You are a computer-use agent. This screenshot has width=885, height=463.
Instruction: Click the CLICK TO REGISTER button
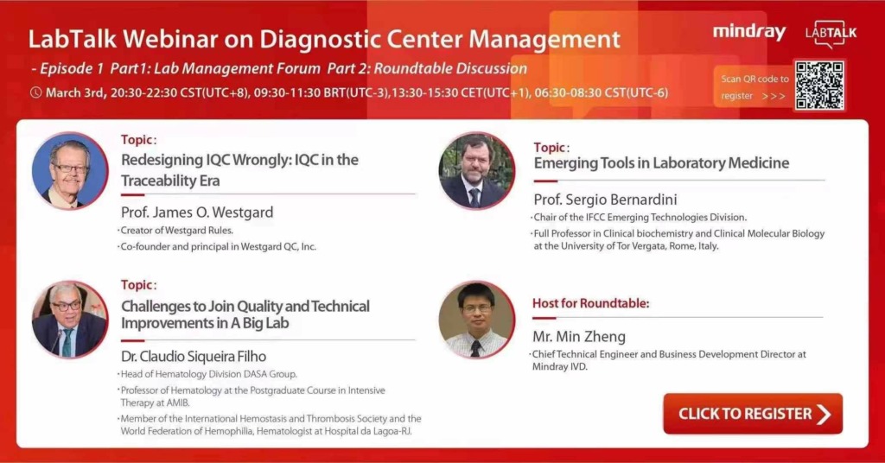pyautogui.click(x=752, y=414)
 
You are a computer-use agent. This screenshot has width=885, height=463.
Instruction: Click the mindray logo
pyautogui.click(x=748, y=33)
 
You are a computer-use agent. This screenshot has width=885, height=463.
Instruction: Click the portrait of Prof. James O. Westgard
pyautogui.click(x=69, y=171)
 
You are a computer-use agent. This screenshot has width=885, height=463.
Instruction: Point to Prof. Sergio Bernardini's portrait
pyautogui.click(x=476, y=171)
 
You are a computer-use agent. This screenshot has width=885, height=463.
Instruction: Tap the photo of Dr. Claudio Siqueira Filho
pyautogui.click(x=69, y=320)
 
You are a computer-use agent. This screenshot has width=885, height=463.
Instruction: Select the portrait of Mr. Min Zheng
pyautogui.click(x=476, y=320)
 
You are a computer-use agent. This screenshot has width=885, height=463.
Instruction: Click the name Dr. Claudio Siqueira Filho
pyautogui.click(x=194, y=356)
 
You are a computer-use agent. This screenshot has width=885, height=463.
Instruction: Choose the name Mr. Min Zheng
pyautogui.click(x=579, y=337)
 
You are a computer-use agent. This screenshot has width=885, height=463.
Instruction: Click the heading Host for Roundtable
pyautogui.click(x=591, y=303)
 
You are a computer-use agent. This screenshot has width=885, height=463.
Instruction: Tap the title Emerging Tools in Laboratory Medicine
pyautogui.click(x=661, y=163)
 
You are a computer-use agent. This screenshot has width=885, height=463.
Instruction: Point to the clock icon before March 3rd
pyautogui.click(x=35, y=92)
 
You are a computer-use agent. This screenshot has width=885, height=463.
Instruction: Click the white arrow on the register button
pyautogui.click(x=824, y=414)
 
